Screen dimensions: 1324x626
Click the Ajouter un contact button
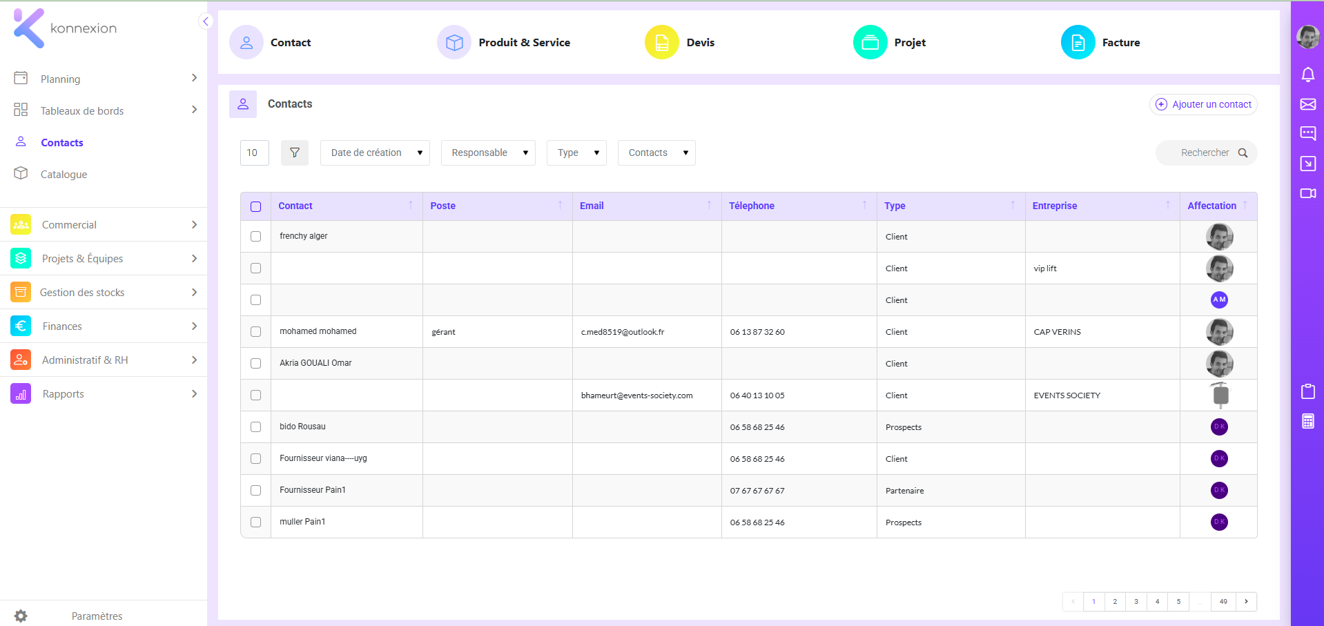(x=1203, y=104)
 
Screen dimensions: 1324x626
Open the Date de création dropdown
(x=375, y=153)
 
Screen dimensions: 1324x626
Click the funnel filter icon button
(x=295, y=153)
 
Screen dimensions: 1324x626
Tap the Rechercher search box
(x=1206, y=153)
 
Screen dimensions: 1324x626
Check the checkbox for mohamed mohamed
(x=255, y=331)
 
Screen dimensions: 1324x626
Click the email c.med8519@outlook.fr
(x=623, y=332)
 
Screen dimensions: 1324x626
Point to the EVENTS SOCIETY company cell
(x=1067, y=395)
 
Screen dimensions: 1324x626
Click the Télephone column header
(x=752, y=206)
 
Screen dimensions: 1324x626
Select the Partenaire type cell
(x=904, y=491)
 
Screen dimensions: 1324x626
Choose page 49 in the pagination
(x=1223, y=601)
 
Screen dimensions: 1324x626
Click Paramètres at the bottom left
(x=97, y=616)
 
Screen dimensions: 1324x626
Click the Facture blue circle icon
(x=1078, y=42)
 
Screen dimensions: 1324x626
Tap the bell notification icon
(x=1307, y=75)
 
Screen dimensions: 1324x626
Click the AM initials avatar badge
(x=1219, y=300)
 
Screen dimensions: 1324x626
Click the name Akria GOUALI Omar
(x=315, y=363)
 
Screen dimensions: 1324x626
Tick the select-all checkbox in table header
(x=255, y=206)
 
